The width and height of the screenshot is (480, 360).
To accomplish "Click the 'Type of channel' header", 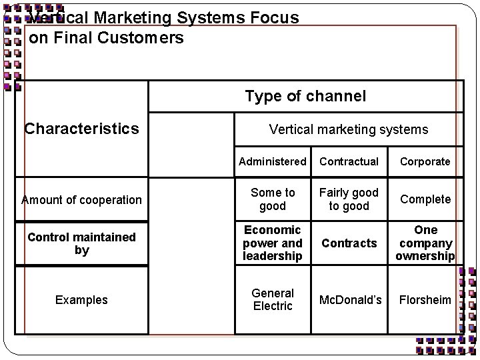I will (305, 96).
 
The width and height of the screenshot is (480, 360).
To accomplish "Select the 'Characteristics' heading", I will (82, 128).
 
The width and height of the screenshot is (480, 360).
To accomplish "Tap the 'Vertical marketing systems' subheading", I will (348, 129).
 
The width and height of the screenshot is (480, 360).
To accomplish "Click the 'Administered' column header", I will (272, 161).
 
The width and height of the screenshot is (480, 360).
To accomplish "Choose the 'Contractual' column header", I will (349, 161).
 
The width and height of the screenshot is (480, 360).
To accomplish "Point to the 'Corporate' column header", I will (425, 161).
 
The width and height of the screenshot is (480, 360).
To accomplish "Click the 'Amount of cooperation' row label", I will (81, 199).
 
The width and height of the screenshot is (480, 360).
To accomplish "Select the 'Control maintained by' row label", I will (82, 243).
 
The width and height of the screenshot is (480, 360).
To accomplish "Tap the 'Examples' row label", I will (81, 300).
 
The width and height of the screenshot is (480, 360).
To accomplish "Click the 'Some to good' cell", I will (272, 199).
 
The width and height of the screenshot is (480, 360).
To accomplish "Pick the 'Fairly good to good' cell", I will (349, 199).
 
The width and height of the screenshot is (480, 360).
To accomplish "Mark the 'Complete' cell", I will (425, 199).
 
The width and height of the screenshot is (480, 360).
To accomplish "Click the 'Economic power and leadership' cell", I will (272, 243).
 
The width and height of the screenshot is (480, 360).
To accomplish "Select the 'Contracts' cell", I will (349, 243).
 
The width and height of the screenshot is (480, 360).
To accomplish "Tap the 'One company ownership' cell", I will (425, 243).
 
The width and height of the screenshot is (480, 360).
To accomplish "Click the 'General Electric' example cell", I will (272, 300).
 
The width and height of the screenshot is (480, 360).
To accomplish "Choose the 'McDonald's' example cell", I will (351, 300).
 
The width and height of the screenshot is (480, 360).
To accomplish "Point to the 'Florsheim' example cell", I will (425, 300).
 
